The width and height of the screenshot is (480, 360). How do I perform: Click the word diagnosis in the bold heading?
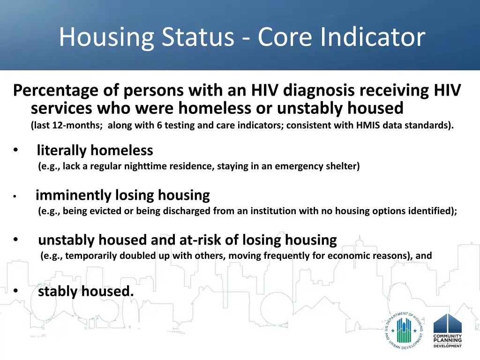[319, 91]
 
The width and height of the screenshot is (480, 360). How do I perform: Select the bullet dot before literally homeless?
[15, 150]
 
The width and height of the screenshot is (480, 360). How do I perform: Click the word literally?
[62, 150]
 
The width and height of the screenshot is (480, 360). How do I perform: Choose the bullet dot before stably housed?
[15, 291]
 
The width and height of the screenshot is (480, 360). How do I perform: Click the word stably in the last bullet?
[58, 292]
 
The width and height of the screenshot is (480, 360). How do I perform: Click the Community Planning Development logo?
[448, 330]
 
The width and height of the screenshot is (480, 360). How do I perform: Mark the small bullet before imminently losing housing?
[15, 196]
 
